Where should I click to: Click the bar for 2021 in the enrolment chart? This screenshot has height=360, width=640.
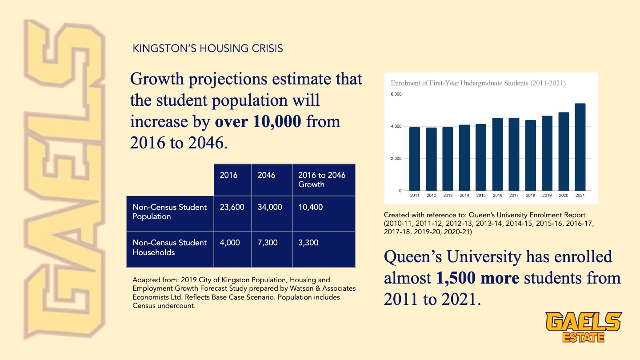pos(580,147)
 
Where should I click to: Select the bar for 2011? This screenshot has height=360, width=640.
pos(414,159)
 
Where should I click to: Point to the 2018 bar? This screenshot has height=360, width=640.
pos(530,156)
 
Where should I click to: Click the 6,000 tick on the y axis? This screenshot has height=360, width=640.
pos(396,94)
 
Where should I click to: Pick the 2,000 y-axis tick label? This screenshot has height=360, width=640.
pos(396,159)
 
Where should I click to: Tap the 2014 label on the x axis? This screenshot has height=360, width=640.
pos(464,196)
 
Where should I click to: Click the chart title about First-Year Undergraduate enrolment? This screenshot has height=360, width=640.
pos(478,83)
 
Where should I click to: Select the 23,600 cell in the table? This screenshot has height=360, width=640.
pos(232,207)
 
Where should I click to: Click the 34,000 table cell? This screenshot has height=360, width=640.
pos(270,207)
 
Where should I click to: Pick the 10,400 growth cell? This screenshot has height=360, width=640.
pos(311,207)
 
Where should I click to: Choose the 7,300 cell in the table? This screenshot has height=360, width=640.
pos(268,243)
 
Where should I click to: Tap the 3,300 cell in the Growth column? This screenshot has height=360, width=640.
pos(308,243)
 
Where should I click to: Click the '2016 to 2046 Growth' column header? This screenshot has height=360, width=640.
pos(322,180)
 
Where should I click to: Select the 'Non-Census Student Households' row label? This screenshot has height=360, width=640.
pos(169,248)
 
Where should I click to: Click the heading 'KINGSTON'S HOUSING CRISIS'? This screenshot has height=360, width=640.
pos(208,48)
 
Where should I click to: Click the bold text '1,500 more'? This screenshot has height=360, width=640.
pos(478,278)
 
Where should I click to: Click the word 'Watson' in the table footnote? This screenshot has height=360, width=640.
pos(290,289)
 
